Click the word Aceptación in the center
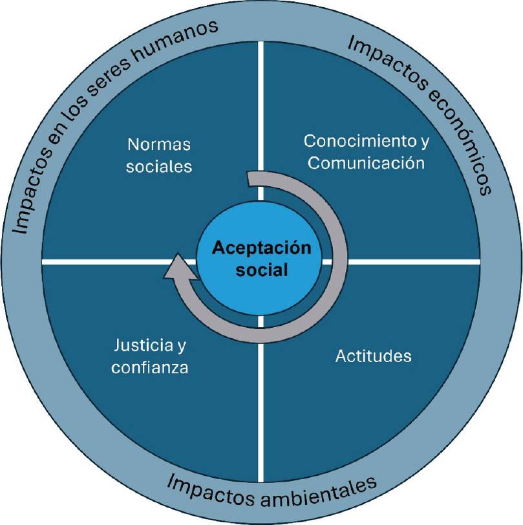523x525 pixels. [x=262, y=248]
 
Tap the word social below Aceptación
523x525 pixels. [x=262, y=269]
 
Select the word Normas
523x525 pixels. [x=159, y=144]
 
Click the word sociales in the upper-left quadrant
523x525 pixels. [x=160, y=166]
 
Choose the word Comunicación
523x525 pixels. [x=366, y=162]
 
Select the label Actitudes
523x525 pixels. [x=374, y=356]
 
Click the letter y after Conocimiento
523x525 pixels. [x=424, y=142]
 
